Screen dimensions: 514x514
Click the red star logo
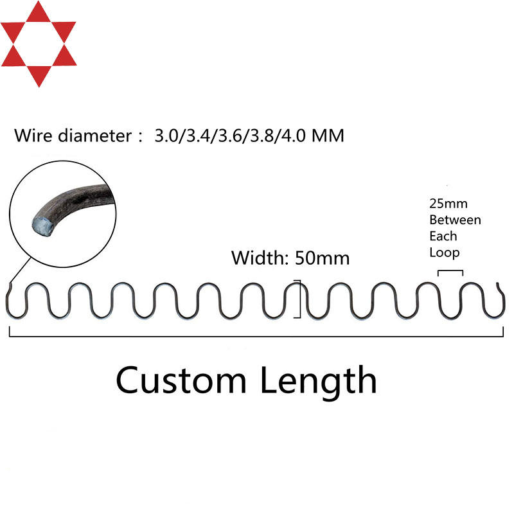(39, 44)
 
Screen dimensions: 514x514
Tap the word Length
(318, 380)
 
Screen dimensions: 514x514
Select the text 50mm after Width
(322, 258)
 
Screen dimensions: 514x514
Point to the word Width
(260, 258)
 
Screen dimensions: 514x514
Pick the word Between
(454, 220)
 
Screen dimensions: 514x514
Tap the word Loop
(445, 253)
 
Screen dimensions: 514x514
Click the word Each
(443, 236)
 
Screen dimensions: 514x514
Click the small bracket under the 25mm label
(450, 271)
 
